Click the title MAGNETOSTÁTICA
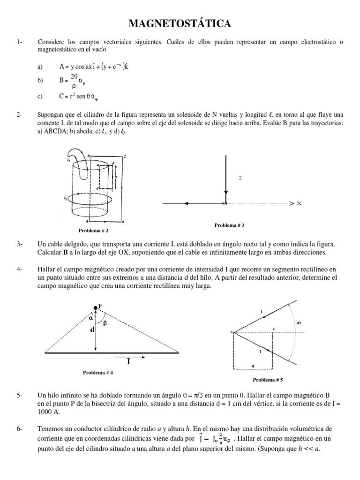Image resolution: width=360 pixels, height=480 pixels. (180, 23)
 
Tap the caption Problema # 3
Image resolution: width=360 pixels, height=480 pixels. (230, 225)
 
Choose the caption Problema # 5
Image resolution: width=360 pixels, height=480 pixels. (268, 379)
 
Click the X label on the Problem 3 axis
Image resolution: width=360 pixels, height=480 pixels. (299, 203)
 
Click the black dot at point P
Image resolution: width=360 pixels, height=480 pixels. (96, 307)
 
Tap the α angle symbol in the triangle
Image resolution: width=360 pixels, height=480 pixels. (91, 317)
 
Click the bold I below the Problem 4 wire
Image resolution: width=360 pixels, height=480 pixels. (128, 361)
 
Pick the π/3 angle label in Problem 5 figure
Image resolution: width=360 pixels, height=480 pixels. (299, 323)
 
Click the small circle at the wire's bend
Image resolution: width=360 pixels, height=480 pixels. (225, 203)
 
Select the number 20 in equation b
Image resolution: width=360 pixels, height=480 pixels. (74, 76)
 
